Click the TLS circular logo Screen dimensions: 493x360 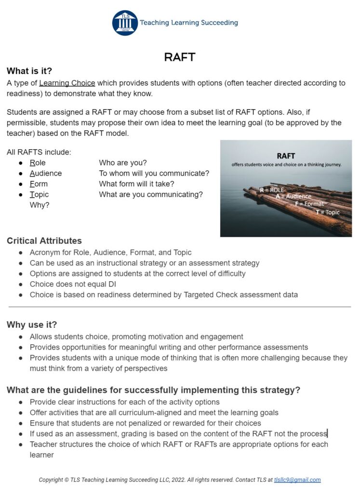coord(125,23)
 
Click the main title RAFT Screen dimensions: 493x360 coord(179,57)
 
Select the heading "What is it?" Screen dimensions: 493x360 coord(29,71)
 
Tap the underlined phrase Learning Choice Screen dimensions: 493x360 coord(67,83)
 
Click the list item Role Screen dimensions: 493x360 coord(38,163)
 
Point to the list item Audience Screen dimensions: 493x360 coord(46,173)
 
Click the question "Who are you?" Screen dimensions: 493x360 coord(123,163)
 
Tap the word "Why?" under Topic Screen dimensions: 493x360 coord(40,205)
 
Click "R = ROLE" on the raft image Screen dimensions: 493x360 coord(272,190)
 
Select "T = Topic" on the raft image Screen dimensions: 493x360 coord(327,212)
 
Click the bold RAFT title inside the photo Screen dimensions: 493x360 coord(286,156)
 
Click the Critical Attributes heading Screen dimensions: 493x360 coord(44,241)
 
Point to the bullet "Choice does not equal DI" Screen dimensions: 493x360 coord(73,284)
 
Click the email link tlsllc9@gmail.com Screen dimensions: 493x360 coord(297,480)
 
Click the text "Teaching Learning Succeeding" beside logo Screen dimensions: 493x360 coord(188,23)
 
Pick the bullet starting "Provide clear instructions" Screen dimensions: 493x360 coord(124,402)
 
